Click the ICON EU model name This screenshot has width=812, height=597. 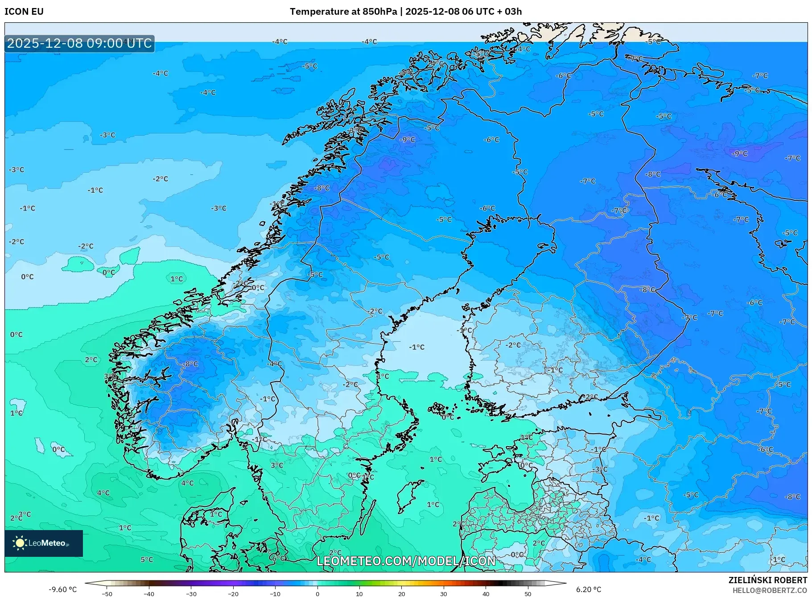pos(24,12)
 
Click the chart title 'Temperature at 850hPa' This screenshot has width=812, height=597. pos(343,12)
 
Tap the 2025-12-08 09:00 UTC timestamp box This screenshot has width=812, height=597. pos(79,43)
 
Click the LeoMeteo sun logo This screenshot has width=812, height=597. pos(20,543)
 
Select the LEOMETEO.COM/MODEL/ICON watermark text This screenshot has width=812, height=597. pos(406,561)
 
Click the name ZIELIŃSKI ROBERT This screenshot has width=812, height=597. pos(767,580)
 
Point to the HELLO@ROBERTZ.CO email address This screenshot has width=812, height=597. pos(770,590)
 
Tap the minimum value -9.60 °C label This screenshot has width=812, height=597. pos(62,589)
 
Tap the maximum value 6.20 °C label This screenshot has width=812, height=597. pos(589,589)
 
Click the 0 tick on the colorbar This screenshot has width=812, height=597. pos(317,593)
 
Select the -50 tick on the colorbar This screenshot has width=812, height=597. pos(107,593)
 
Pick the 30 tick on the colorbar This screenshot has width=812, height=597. pos(444,593)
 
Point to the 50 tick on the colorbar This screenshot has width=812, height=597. pos(528,593)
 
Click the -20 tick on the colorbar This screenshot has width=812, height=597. pos(233,593)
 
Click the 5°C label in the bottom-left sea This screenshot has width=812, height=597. pos(147,560)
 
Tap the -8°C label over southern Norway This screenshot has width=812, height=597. pos(190,364)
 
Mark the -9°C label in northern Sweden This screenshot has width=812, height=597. pos(407,139)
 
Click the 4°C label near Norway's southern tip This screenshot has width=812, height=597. pos(187,483)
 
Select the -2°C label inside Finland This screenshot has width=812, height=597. pos(513,345)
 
